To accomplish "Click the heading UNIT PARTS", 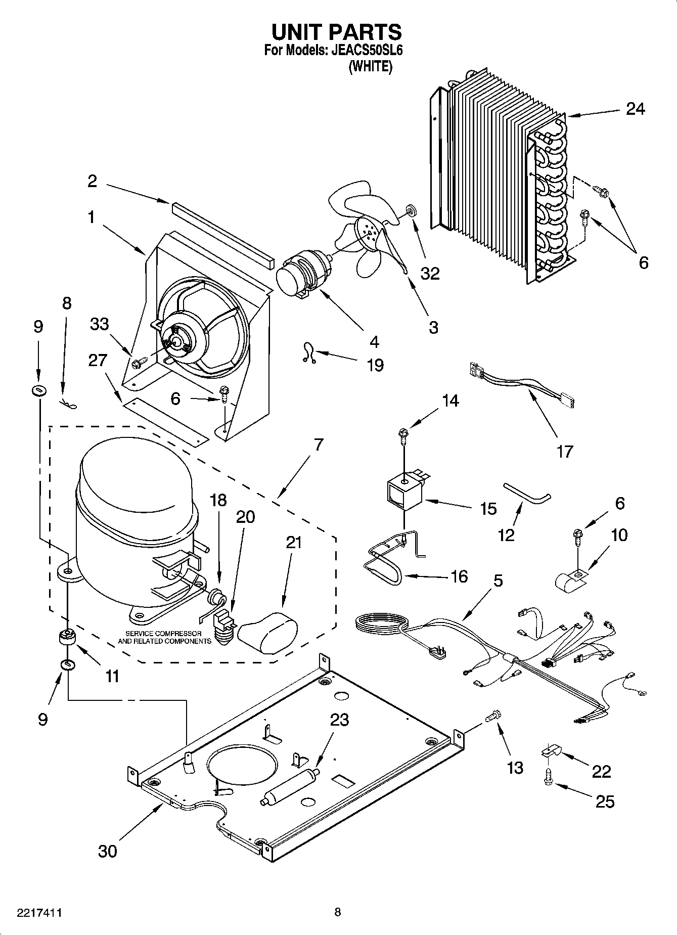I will point(337,32).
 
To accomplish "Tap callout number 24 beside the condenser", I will point(635,109).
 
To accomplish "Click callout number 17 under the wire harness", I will point(564,451).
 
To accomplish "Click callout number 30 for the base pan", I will point(107,851).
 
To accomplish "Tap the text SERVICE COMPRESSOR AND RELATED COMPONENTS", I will point(164,637).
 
